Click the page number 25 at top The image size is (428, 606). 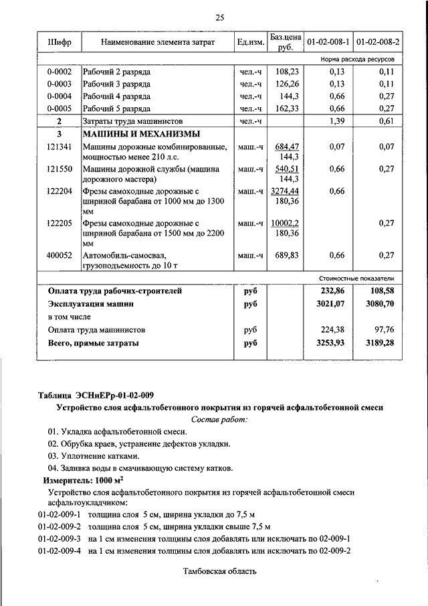coord(220,17)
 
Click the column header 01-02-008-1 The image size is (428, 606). coord(328,42)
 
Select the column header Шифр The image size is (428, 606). coord(60,42)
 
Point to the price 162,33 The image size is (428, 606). coord(286,108)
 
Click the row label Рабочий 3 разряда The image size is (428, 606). coord(116,84)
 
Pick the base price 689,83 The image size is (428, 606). coord(286,255)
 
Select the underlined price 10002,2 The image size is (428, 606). coord(286,223)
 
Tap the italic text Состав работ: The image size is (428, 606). coord(219,419)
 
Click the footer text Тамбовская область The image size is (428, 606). coord(219,571)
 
